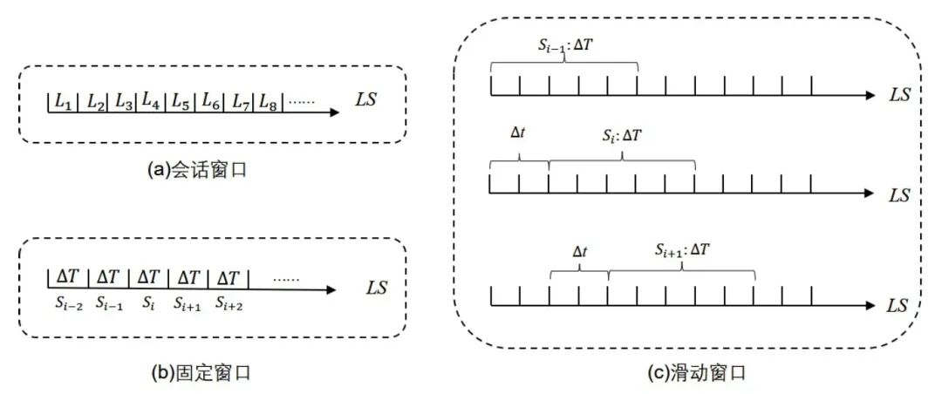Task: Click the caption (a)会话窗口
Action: pyautogui.click(x=198, y=170)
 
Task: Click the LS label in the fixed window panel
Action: pyautogui.click(x=378, y=287)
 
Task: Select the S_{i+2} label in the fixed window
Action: pyautogui.click(x=229, y=304)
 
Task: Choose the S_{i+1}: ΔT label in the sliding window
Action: pyautogui.click(x=683, y=249)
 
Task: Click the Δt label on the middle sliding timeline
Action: pyautogui.click(x=519, y=136)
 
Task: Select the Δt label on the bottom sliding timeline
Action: pyautogui.click(x=580, y=251)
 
